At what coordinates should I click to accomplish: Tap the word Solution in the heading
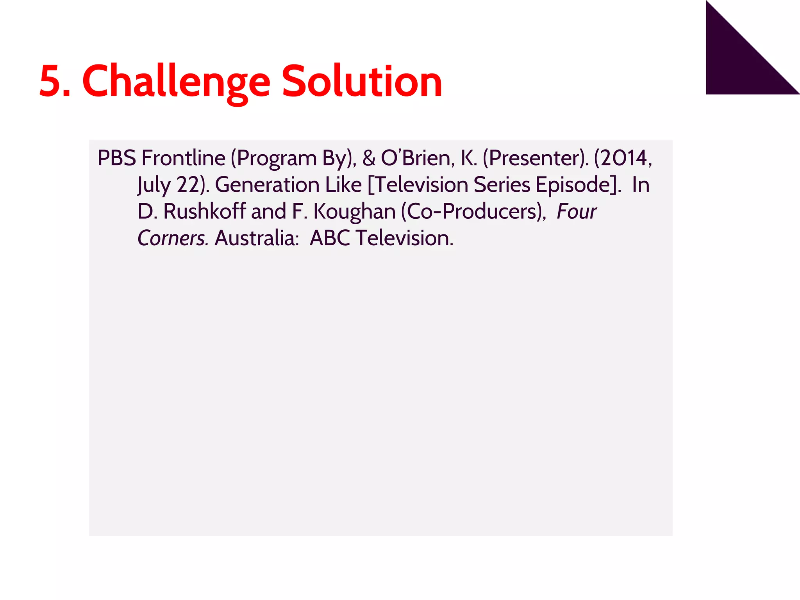tap(362, 81)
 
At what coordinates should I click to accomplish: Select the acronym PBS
tap(116, 158)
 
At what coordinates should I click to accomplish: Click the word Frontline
tap(183, 158)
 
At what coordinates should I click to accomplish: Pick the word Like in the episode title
tap(343, 185)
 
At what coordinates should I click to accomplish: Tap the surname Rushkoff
tap(204, 211)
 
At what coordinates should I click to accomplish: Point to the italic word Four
tap(576, 211)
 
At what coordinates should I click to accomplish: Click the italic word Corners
tap(172, 238)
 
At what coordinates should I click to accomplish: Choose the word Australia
tap(256, 238)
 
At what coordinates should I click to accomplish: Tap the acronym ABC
tap(330, 238)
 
